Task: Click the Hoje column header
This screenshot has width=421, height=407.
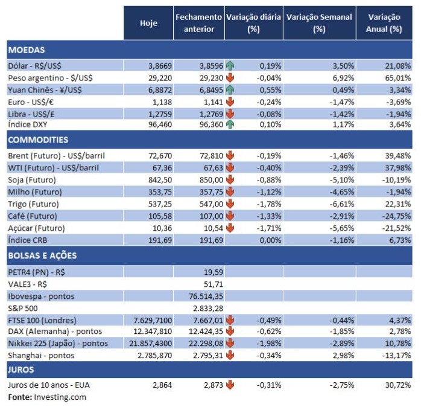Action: (148, 23)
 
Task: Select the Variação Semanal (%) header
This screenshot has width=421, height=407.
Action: (319, 23)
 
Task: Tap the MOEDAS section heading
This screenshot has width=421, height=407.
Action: (27, 50)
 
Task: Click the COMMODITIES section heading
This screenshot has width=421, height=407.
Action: (38, 139)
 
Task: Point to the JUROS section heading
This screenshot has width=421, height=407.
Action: (22, 369)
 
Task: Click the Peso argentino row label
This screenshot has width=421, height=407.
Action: (46, 78)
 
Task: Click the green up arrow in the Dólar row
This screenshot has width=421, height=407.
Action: (230, 65)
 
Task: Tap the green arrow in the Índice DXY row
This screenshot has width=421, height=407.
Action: (230, 124)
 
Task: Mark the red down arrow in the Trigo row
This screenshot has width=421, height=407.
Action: (230, 203)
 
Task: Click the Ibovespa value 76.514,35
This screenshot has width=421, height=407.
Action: (206, 296)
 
